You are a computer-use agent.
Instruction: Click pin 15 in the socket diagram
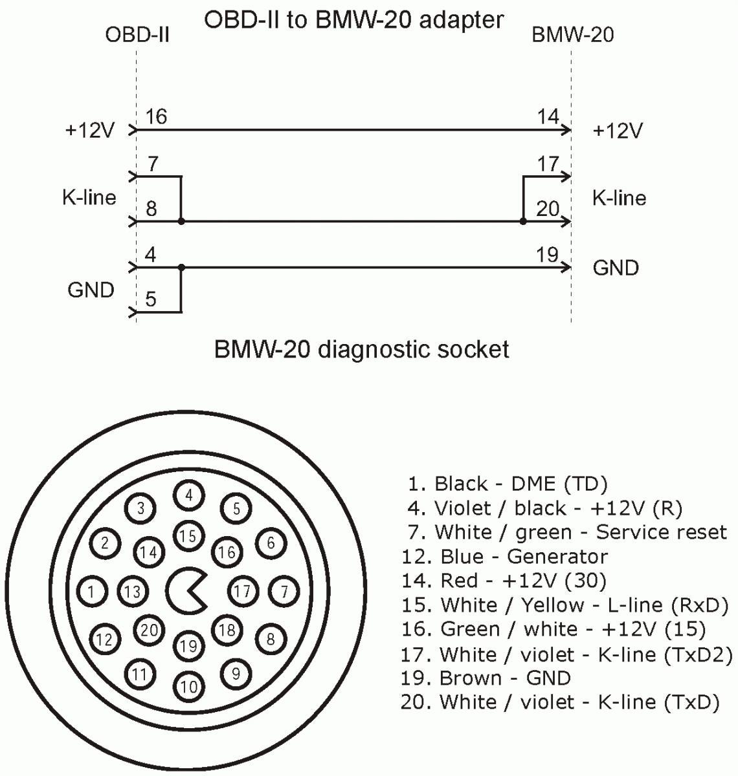[188, 535]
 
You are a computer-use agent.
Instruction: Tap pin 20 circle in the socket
[150, 629]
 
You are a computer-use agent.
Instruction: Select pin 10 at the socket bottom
[188, 686]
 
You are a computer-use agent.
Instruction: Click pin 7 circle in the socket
[284, 590]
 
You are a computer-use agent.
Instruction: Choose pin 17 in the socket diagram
[243, 590]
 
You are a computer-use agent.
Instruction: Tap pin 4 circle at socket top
[188, 495]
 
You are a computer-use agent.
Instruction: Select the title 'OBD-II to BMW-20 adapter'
[353, 19]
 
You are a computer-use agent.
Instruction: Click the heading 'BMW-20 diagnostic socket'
[361, 350]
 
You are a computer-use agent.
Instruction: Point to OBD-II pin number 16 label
[156, 116]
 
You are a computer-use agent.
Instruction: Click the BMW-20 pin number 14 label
[548, 116]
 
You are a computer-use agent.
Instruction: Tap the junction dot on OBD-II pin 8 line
[181, 222]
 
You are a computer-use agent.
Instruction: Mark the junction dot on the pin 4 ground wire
[181, 267]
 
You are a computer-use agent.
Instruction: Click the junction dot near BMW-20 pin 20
[523, 222]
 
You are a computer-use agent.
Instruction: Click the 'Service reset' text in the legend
[661, 532]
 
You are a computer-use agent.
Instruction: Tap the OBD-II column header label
[137, 34]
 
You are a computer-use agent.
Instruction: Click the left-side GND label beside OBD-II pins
[91, 290]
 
